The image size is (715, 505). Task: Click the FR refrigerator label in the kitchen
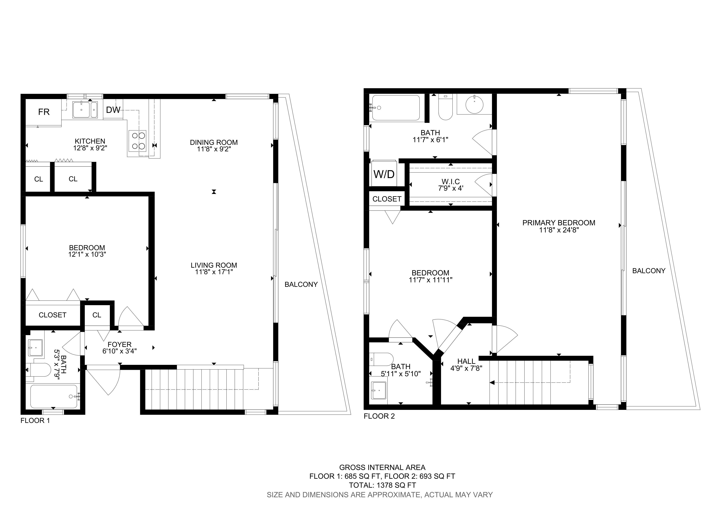point(44,112)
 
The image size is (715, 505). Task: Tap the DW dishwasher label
point(113,110)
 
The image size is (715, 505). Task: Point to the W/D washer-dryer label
point(384,174)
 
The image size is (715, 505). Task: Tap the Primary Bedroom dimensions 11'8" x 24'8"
point(559,230)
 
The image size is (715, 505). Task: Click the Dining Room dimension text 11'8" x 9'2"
point(214,149)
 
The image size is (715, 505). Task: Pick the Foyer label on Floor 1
point(120,344)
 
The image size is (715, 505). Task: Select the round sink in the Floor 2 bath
point(474,104)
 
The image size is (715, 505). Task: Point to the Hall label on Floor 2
point(466,361)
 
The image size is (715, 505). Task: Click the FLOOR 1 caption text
point(35,421)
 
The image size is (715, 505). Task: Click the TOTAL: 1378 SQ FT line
point(382,485)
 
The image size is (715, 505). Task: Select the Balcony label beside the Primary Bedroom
point(649,271)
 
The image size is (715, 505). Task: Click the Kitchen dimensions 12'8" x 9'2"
point(90,148)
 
